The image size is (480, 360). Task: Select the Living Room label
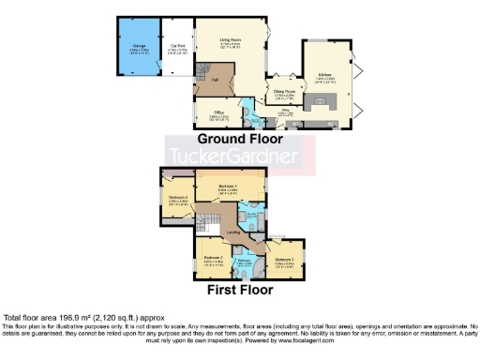pyautogui.click(x=232, y=41)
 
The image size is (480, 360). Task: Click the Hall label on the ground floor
pyautogui.click(x=215, y=81)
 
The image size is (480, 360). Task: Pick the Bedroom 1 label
pyautogui.click(x=228, y=187)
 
